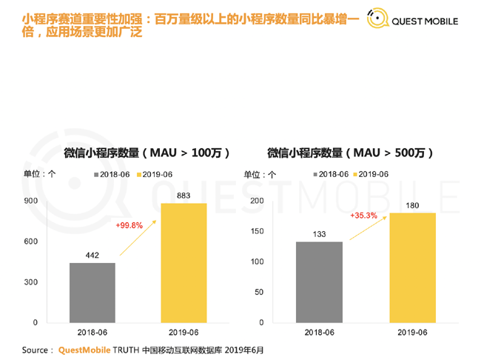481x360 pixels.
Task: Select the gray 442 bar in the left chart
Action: pos(92,293)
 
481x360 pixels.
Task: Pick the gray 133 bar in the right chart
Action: pos(319,282)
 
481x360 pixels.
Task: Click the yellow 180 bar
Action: pos(412,267)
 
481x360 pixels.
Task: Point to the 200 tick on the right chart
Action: pos(257,201)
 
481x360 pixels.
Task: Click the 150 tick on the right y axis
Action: pos(257,232)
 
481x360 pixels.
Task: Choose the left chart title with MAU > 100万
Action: pos(147,153)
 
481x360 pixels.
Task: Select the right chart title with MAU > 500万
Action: pos(350,153)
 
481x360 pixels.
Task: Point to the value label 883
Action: pos(184,196)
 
